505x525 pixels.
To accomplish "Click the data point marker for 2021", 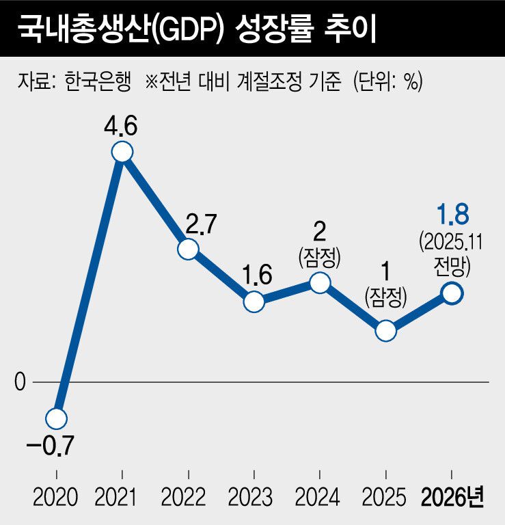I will [x=122, y=152].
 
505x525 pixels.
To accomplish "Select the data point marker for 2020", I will [x=57, y=418].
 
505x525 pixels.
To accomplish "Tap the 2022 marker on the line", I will [x=188, y=249].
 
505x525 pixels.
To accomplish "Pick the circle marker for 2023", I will [x=254, y=301].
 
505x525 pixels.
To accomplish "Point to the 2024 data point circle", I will [x=319, y=282].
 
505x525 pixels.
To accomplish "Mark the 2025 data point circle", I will [x=386, y=331].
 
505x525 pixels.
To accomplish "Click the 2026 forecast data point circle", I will [x=452, y=293].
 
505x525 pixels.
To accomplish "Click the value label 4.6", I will [x=122, y=126].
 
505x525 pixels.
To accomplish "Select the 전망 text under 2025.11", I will [x=452, y=263].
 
